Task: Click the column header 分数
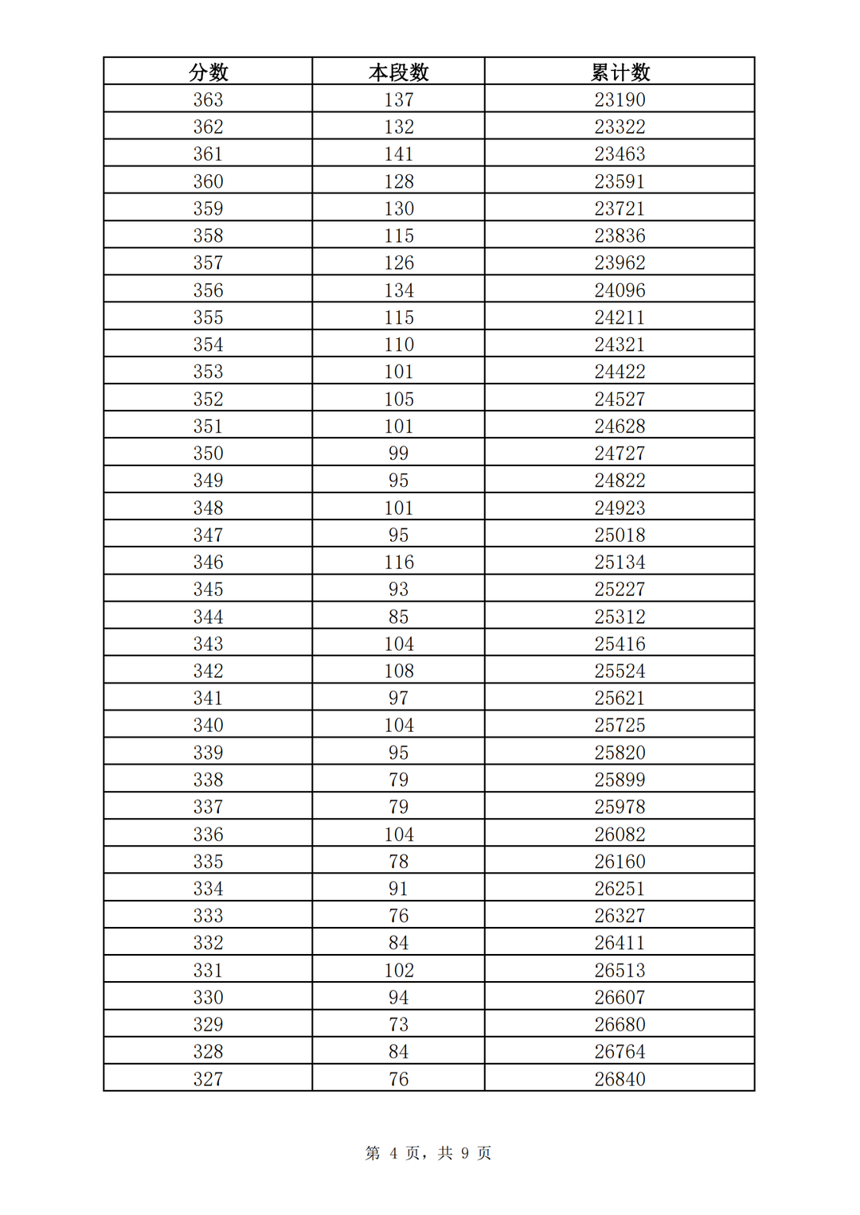tap(208, 72)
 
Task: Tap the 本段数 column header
tap(398, 72)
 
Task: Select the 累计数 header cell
tap(620, 72)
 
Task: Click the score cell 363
tap(208, 99)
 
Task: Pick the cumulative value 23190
tap(620, 99)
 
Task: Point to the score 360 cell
tap(208, 181)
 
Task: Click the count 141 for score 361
tap(398, 154)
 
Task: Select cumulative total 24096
tap(620, 290)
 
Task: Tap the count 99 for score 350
tap(398, 454)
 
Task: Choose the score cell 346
tap(208, 563)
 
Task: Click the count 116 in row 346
tap(398, 563)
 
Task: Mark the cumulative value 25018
tap(620, 535)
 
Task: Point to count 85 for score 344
tap(398, 617)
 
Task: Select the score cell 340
tap(208, 726)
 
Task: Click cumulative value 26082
tap(620, 835)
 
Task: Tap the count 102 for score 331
tap(398, 971)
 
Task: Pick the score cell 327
tap(208, 1079)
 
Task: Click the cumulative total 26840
tap(620, 1079)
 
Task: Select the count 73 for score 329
tap(398, 1025)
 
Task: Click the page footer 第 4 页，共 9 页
tap(428, 1153)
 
